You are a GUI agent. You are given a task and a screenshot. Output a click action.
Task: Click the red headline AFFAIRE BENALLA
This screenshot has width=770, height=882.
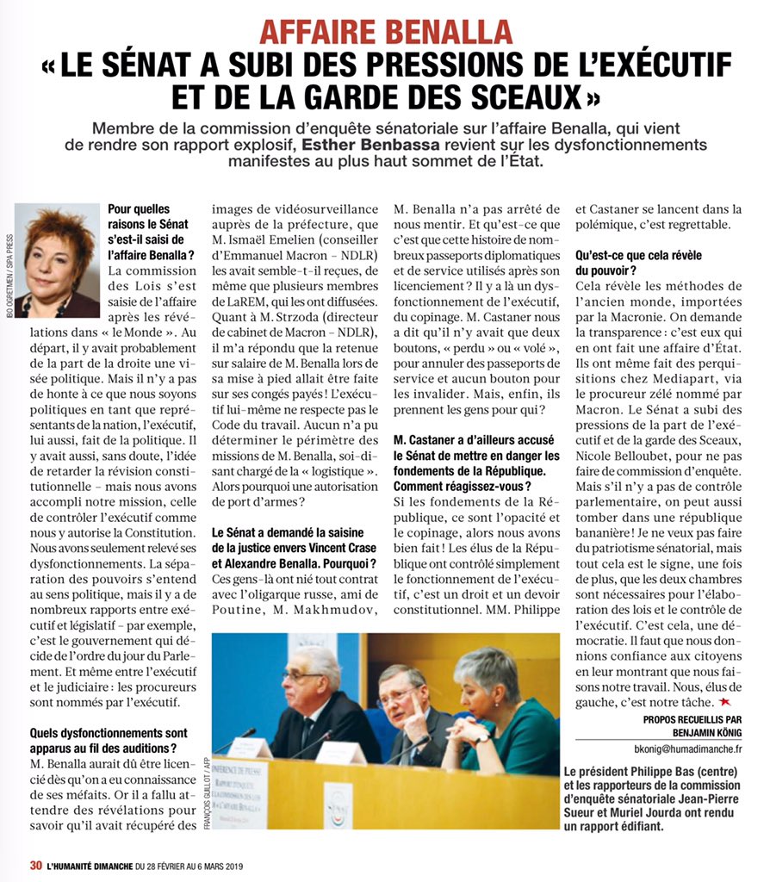[x=385, y=32]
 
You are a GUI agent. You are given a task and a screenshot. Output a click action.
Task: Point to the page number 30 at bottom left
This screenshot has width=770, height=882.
[x=35, y=866]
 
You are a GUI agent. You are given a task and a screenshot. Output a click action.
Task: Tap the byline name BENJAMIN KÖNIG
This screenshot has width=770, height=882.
[x=701, y=730]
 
